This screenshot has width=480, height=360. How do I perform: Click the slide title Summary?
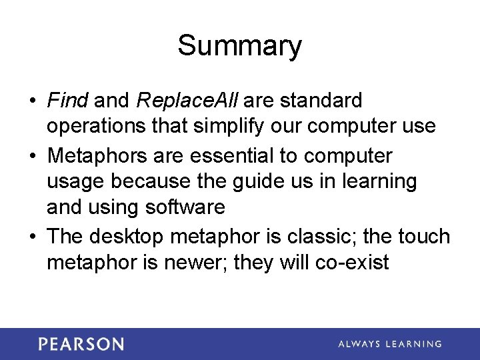pyautogui.click(x=239, y=47)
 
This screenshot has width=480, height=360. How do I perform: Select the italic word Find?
pyautogui.click(x=67, y=101)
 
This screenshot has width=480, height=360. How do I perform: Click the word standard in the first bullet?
pyautogui.click(x=321, y=101)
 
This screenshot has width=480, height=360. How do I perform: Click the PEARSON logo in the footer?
pyautogui.click(x=81, y=344)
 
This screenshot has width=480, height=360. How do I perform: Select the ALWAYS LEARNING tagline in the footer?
pyautogui.click(x=390, y=344)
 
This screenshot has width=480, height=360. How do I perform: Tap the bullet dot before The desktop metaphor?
pyautogui.click(x=32, y=237)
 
